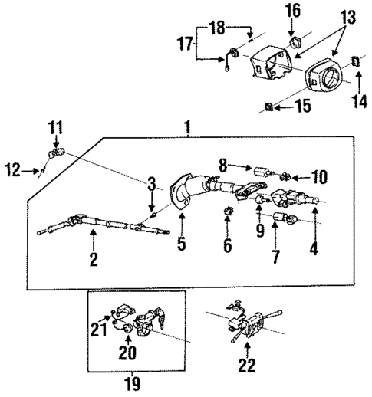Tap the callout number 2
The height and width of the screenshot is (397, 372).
tap(94, 258)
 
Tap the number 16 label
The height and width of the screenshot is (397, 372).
tap(295, 11)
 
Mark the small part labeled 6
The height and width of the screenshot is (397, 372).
tap(227, 212)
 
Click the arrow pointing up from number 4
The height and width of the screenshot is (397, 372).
tap(314, 223)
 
